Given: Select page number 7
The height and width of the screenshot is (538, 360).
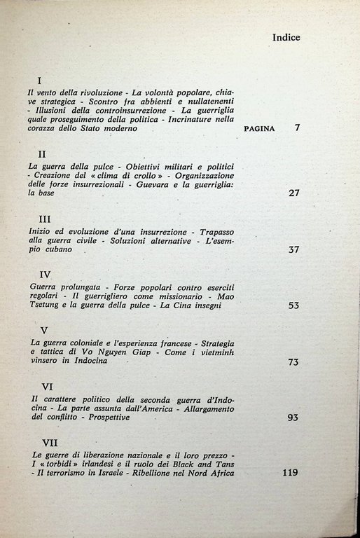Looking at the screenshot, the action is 297,129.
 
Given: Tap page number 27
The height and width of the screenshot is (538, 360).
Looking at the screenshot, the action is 294,193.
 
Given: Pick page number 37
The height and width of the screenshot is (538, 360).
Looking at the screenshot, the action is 294,250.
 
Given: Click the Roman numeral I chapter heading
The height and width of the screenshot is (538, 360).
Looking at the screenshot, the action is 39,81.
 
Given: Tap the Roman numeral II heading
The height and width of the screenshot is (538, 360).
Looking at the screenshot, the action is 41,153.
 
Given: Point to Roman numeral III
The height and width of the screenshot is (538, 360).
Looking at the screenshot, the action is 43,218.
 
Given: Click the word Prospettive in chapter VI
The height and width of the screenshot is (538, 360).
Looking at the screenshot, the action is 112,417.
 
